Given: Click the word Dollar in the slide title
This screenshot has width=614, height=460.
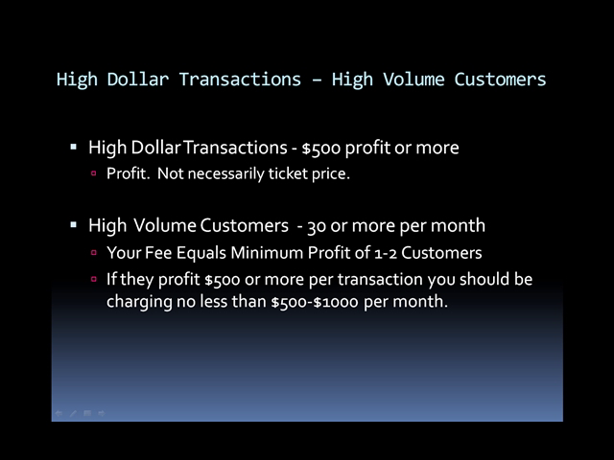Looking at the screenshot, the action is point(138,80).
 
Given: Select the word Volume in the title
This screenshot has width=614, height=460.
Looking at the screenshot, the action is point(413,80).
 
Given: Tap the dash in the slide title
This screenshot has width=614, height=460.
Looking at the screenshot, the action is point(317,80).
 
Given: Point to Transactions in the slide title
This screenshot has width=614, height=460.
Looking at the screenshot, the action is point(240,80).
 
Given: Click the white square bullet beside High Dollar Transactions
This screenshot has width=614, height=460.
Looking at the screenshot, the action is point(73,147).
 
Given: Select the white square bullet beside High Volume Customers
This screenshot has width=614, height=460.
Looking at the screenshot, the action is point(73,225).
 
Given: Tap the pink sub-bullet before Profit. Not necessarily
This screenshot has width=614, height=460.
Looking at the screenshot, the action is point(94,172).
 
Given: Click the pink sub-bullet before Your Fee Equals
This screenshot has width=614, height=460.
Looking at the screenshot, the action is point(94,252).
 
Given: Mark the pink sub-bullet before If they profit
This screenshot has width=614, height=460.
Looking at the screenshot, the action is point(94,279).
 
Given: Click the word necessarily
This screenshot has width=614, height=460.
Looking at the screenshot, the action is point(226,174).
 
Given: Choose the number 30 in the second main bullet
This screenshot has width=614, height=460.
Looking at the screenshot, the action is point(317,226).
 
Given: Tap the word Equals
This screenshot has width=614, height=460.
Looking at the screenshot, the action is point(201,253).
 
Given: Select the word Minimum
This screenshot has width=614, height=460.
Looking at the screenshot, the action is point(267,253).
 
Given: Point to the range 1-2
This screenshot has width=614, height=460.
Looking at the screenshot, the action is point(386,253).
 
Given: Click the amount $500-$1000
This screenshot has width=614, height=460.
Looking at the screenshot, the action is point(315,303).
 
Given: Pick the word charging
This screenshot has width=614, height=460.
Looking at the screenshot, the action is point(139,303).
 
